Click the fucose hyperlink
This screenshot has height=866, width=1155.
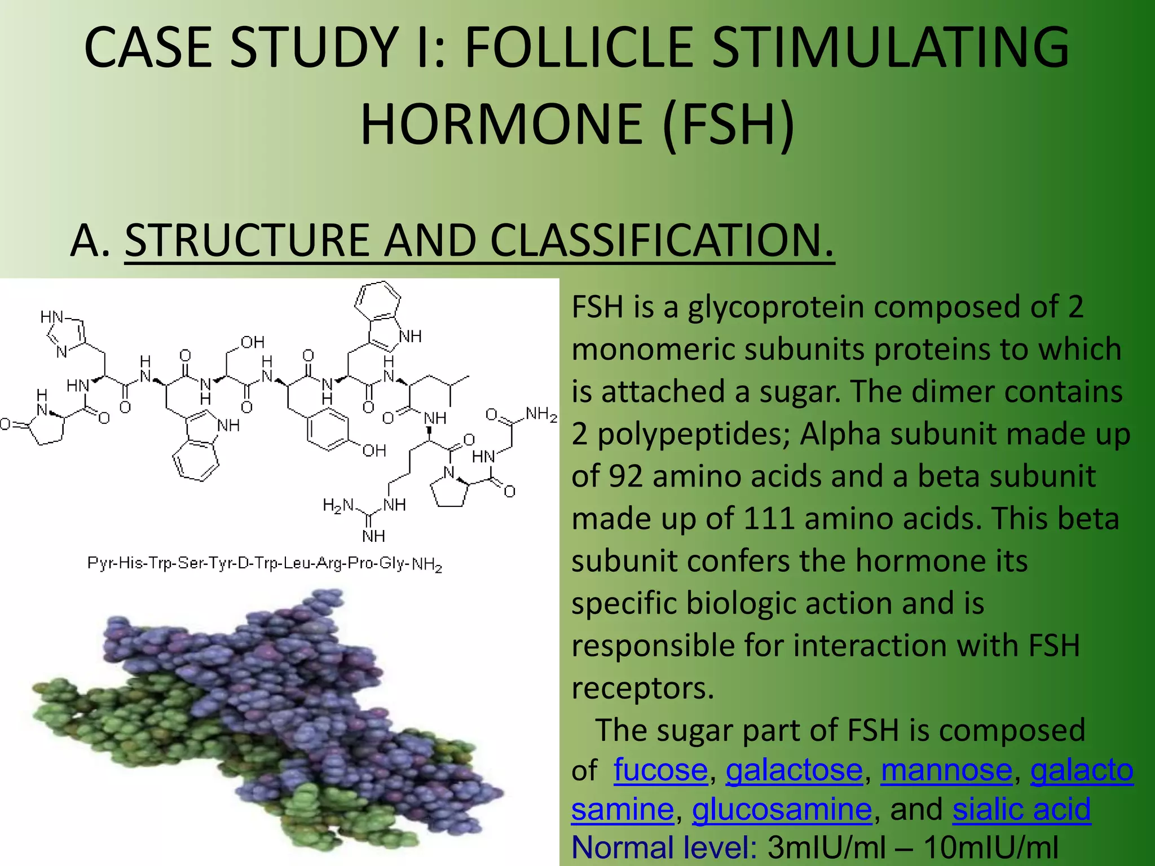[660, 770]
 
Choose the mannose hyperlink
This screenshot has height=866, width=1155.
[946, 770]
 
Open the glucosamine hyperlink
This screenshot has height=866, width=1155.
[782, 810]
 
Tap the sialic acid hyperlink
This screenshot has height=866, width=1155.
[1021, 810]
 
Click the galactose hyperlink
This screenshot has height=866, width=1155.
[793, 770]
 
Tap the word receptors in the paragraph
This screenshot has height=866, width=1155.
[642, 688]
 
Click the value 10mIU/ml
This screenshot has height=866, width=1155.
[990, 847]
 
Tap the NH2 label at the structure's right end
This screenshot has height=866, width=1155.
[541, 414]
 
